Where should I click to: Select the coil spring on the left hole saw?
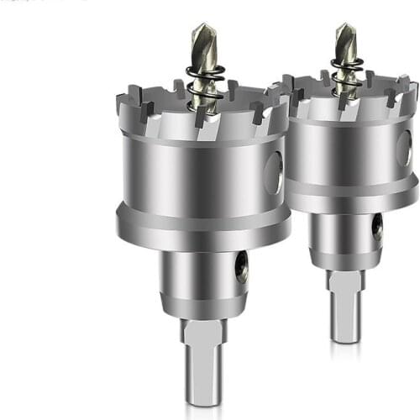click(205, 85)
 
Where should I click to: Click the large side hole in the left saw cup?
click(274, 173)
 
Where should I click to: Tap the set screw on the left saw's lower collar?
click(242, 268)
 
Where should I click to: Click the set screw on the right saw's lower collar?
click(377, 228)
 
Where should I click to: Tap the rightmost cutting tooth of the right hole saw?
click(411, 87)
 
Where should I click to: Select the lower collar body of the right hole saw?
click(345, 239)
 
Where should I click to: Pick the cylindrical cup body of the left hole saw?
click(193, 172)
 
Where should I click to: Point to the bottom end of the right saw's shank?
click(345, 337)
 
